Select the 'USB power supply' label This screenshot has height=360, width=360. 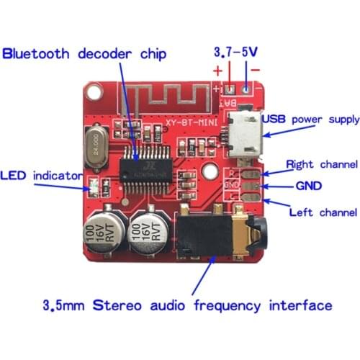310,120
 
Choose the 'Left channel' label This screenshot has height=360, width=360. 323,212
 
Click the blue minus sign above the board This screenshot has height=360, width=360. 256,72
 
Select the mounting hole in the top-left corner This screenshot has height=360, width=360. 94,91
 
